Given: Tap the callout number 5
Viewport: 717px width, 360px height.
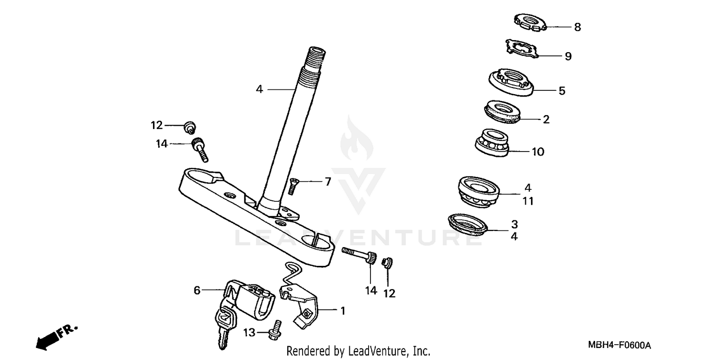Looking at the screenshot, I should tap(562, 90).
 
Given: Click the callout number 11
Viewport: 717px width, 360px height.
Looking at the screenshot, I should tap(527, 201).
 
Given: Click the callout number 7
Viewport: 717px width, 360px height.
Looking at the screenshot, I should tap(327, 182).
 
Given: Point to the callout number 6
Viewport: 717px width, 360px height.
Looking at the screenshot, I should tap(196, 290).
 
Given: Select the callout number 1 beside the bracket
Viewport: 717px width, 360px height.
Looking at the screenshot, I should tap(342, 310).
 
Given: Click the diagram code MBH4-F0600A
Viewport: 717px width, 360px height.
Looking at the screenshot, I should tap(619, 345).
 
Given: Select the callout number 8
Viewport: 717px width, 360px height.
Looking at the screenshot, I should tap(577, 27).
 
